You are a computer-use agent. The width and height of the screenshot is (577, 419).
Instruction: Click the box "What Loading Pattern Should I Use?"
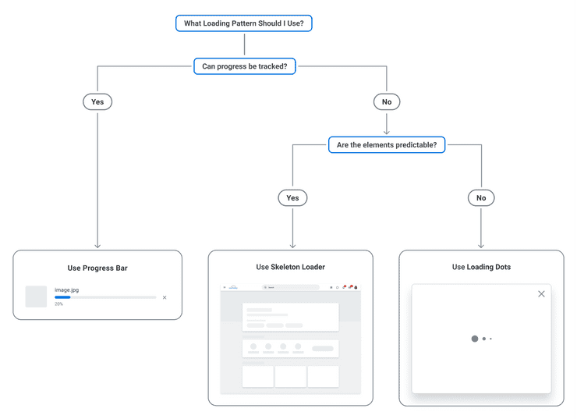244,23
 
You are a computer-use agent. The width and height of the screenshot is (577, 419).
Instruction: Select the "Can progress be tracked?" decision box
244,66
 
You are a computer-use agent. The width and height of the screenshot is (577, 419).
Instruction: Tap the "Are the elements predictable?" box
387,144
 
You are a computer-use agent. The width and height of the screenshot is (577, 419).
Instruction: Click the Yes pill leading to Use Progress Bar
97,101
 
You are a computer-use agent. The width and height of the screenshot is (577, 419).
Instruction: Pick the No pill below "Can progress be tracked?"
387,101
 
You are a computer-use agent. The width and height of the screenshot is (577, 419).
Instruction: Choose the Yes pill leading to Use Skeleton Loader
292,197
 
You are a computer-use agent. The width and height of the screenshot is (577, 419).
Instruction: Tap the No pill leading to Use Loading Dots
481,197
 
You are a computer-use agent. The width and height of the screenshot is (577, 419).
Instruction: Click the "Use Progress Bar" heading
97,268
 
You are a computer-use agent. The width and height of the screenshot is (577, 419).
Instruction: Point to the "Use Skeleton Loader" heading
290,267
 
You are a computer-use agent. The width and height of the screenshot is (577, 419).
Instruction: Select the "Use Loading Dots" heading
481,267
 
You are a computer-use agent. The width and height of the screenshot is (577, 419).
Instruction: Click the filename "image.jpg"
66,289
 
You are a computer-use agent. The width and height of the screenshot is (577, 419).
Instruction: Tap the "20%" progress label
59,304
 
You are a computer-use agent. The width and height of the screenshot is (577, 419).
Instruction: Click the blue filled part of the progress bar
62,297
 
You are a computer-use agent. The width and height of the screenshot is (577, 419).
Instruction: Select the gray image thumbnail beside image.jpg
36,296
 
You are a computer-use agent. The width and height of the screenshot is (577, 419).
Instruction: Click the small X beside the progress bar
165,297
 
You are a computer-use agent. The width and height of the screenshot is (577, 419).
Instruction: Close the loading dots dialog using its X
541,294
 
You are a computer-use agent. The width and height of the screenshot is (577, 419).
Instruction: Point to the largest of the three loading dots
474,339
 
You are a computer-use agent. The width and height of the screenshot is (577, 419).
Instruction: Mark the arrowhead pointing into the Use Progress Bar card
97,246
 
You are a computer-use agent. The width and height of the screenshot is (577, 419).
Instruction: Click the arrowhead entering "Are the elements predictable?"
387,133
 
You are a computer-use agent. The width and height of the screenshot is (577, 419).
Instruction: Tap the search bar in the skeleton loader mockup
290,287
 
